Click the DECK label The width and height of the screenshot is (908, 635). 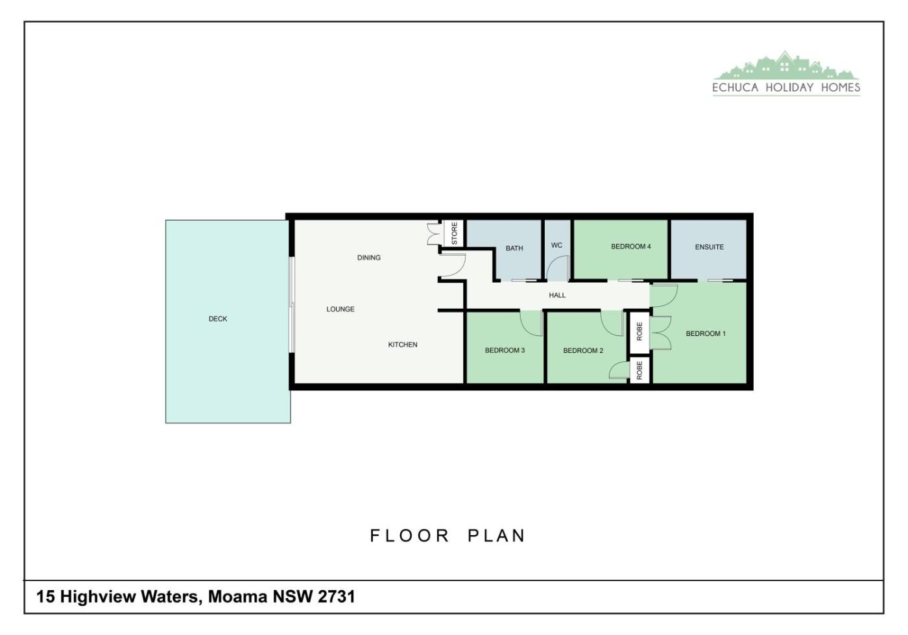click(218, 319)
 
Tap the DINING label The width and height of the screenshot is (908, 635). click(369, 258)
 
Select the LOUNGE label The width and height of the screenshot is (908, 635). click(340, 309)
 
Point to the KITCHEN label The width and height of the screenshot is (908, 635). click(403, 344)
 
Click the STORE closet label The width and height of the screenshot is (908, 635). click(455, 233)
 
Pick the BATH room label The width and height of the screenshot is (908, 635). click(514, 248)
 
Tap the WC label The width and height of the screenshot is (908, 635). click(556, 245)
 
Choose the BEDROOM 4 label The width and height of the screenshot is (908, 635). click(630, 246)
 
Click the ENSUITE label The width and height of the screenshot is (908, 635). click(710, 247)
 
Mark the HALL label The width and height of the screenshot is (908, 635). click(557, 295)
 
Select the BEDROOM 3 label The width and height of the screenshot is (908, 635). click(505, 350)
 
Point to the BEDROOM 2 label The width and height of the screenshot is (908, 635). click(583, 350)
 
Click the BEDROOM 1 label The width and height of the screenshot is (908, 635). click(706, 334)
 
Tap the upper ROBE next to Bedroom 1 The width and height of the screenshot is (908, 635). click(639, 331)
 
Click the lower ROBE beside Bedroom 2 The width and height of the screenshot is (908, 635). click(639, 370)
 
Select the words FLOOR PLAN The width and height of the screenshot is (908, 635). click(448, 536)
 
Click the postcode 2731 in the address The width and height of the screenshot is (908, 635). click(337, 597)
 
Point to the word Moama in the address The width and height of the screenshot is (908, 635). click(237, 597)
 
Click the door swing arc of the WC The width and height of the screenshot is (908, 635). click(555, 263)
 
